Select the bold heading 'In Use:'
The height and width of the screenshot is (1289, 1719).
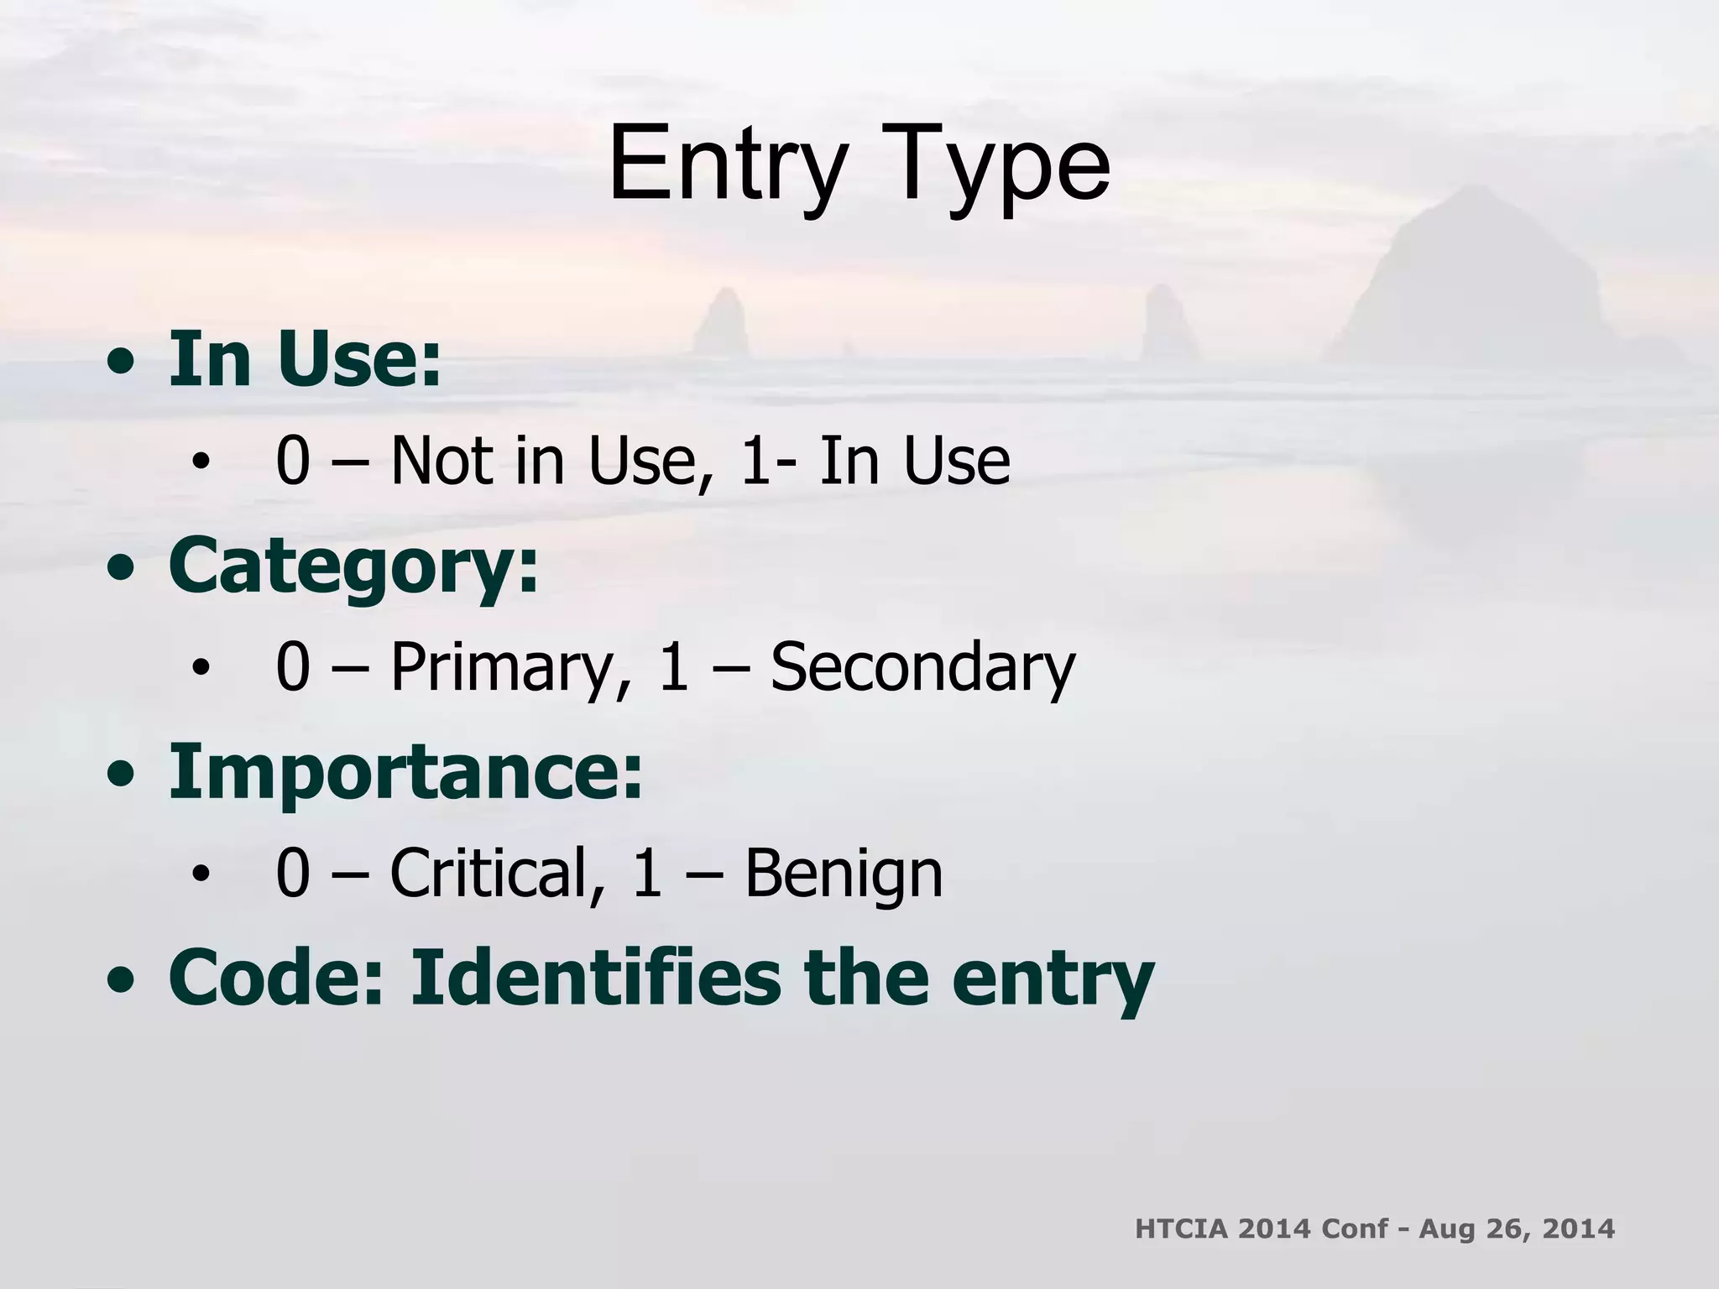click(x=305, y=359)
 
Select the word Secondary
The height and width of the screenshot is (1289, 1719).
click(x=922, y=667)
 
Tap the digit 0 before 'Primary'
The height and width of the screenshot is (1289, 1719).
click(x=292, y=668)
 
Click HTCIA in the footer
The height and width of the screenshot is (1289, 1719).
click(x=1180, y=1229)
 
